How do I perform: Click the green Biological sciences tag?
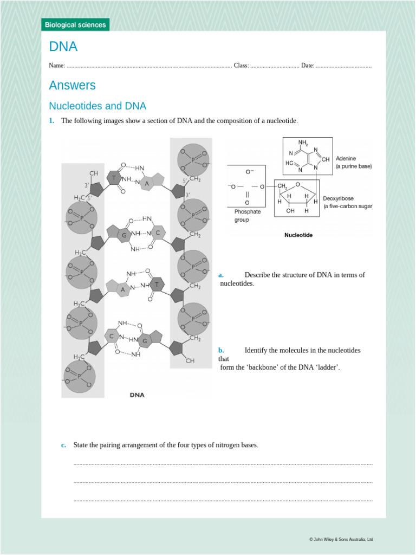(x=75, y=25)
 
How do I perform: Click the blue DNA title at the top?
(x=63, y=47)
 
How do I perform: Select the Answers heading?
(x=72, y=86)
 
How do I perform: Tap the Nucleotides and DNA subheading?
(x=97, y=106)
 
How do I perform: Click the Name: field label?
(x=57, y=66)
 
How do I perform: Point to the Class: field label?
(x=241, y=66)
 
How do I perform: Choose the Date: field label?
(x=308, y=66)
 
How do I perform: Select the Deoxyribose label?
(x=339, y=198)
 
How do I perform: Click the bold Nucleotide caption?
(x=298, y=236)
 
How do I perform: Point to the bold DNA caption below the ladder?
(x=137, y=395)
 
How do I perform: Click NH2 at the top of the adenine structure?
(x=303, y=143)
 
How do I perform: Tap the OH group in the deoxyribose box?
(x=290, y=211)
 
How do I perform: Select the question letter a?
(x=221, y=275)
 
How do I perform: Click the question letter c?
(x=63, y=446)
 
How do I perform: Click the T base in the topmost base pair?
(x=114, y=178)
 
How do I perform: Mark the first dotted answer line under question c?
(x=223, y=464)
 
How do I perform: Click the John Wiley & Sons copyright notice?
(x=341, y=539)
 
